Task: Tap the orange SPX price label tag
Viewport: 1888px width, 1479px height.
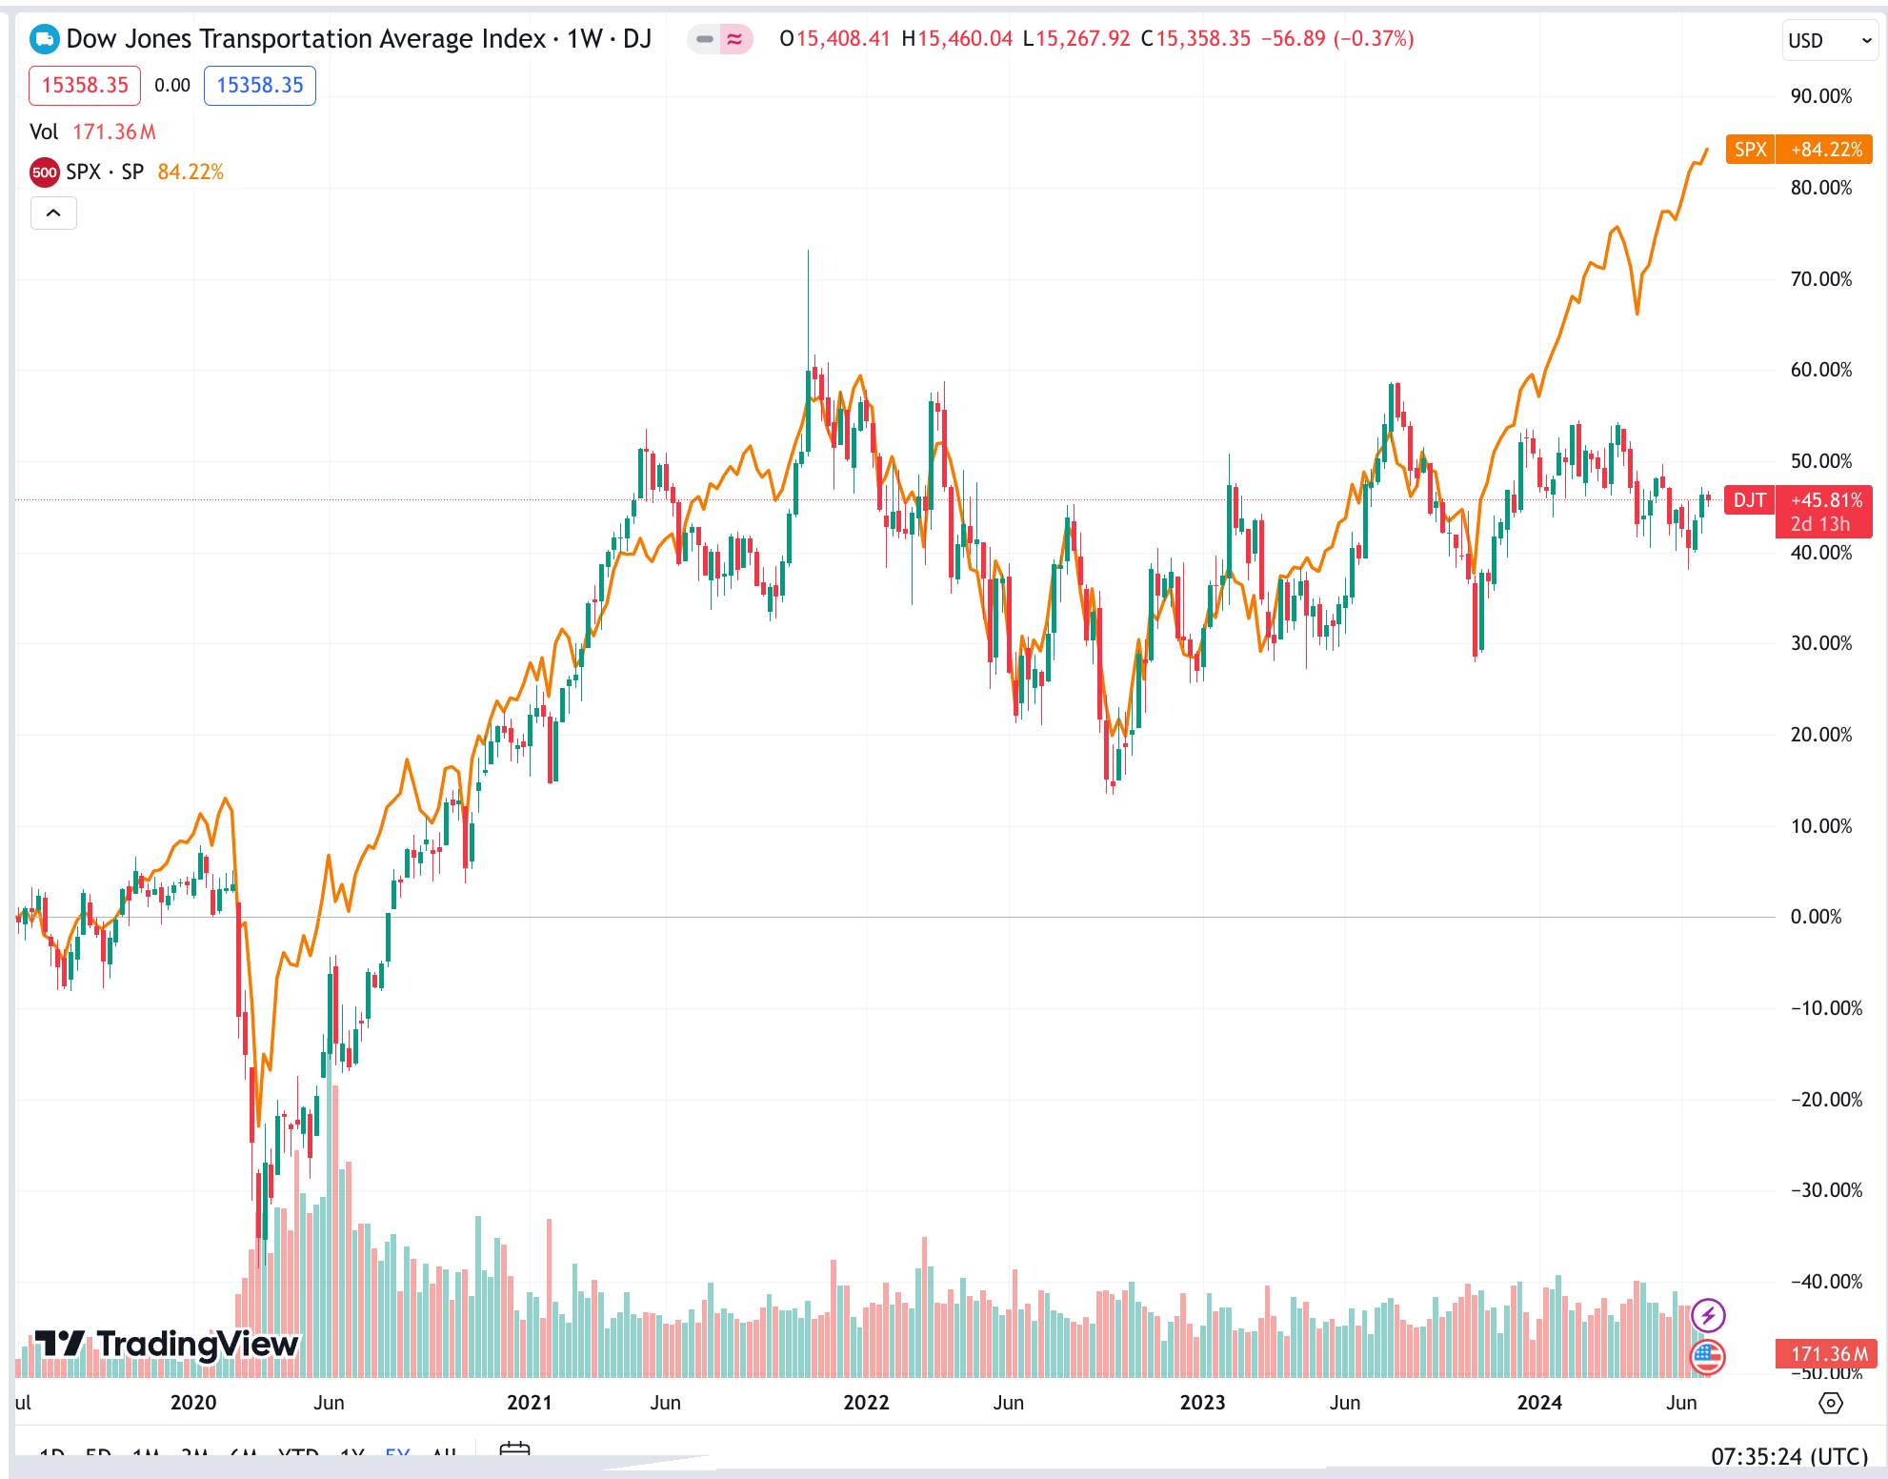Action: pos(1798,150)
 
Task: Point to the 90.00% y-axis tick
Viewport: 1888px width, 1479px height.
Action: pos(1820,96)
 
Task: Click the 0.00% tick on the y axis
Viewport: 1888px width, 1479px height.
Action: pos(1816,917)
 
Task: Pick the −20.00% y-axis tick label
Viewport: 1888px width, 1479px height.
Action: pos(1825,1100)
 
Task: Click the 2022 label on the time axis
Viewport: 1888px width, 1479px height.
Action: pos(866,1403)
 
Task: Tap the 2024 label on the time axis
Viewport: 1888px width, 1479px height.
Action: pos(1539,1403)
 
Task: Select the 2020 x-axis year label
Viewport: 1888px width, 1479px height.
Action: pos(193,1403)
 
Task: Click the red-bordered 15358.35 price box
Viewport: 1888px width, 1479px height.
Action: pos(85,86)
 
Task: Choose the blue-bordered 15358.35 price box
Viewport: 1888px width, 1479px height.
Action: pos(259,86)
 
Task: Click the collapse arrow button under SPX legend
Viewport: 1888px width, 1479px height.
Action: pos(53,213)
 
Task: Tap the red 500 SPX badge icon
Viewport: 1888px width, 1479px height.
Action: pos(45,172)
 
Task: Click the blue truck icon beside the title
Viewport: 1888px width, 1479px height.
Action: pos(44,39)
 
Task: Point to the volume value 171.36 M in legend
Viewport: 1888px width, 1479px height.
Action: pos(114,132)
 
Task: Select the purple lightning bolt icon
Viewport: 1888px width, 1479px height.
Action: pos(1708,1316)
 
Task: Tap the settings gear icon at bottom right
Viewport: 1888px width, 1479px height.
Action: pos(1831,1403)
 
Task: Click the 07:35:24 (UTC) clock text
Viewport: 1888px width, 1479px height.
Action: pos(1789,1456)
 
